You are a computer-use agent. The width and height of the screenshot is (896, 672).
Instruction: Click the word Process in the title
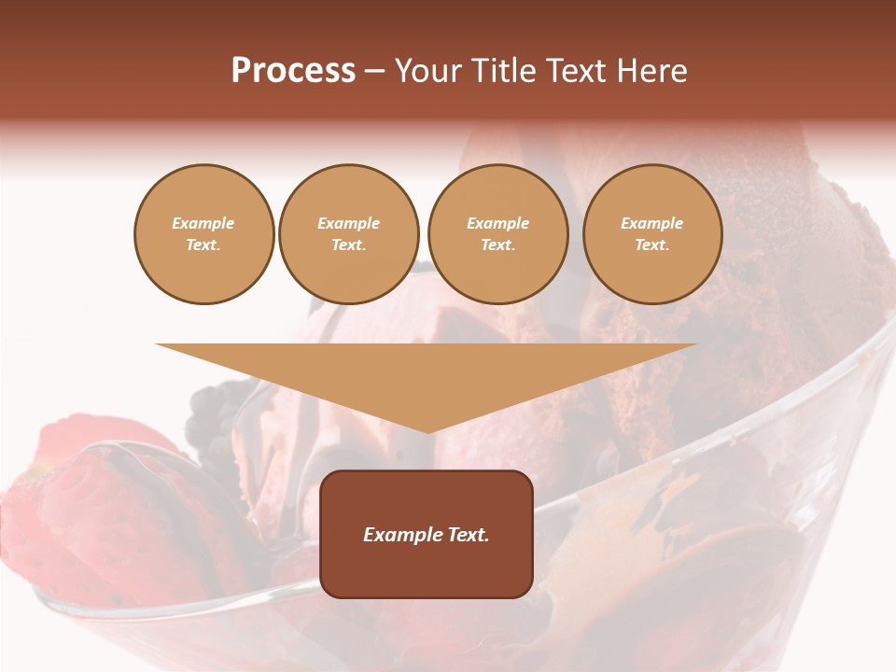[x=293, y=71]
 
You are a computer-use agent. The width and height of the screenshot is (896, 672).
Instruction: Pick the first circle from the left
[x=203, y=234]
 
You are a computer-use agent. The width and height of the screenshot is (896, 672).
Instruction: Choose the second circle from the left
[x=349, y=234]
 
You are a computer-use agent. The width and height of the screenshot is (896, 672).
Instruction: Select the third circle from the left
[x=497, y=234]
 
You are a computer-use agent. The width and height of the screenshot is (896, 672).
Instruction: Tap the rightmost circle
[x=652, y=234]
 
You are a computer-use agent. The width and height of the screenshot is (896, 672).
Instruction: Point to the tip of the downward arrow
[x=427, y=431]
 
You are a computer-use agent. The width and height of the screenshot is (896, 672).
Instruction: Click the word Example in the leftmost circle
[x=203, y=224]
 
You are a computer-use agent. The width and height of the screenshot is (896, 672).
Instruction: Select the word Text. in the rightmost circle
[x=652, y=245]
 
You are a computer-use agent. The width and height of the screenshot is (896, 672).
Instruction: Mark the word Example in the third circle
[x=497, y=224]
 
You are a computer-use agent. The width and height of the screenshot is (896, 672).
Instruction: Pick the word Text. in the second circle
[x=349, y=245]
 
